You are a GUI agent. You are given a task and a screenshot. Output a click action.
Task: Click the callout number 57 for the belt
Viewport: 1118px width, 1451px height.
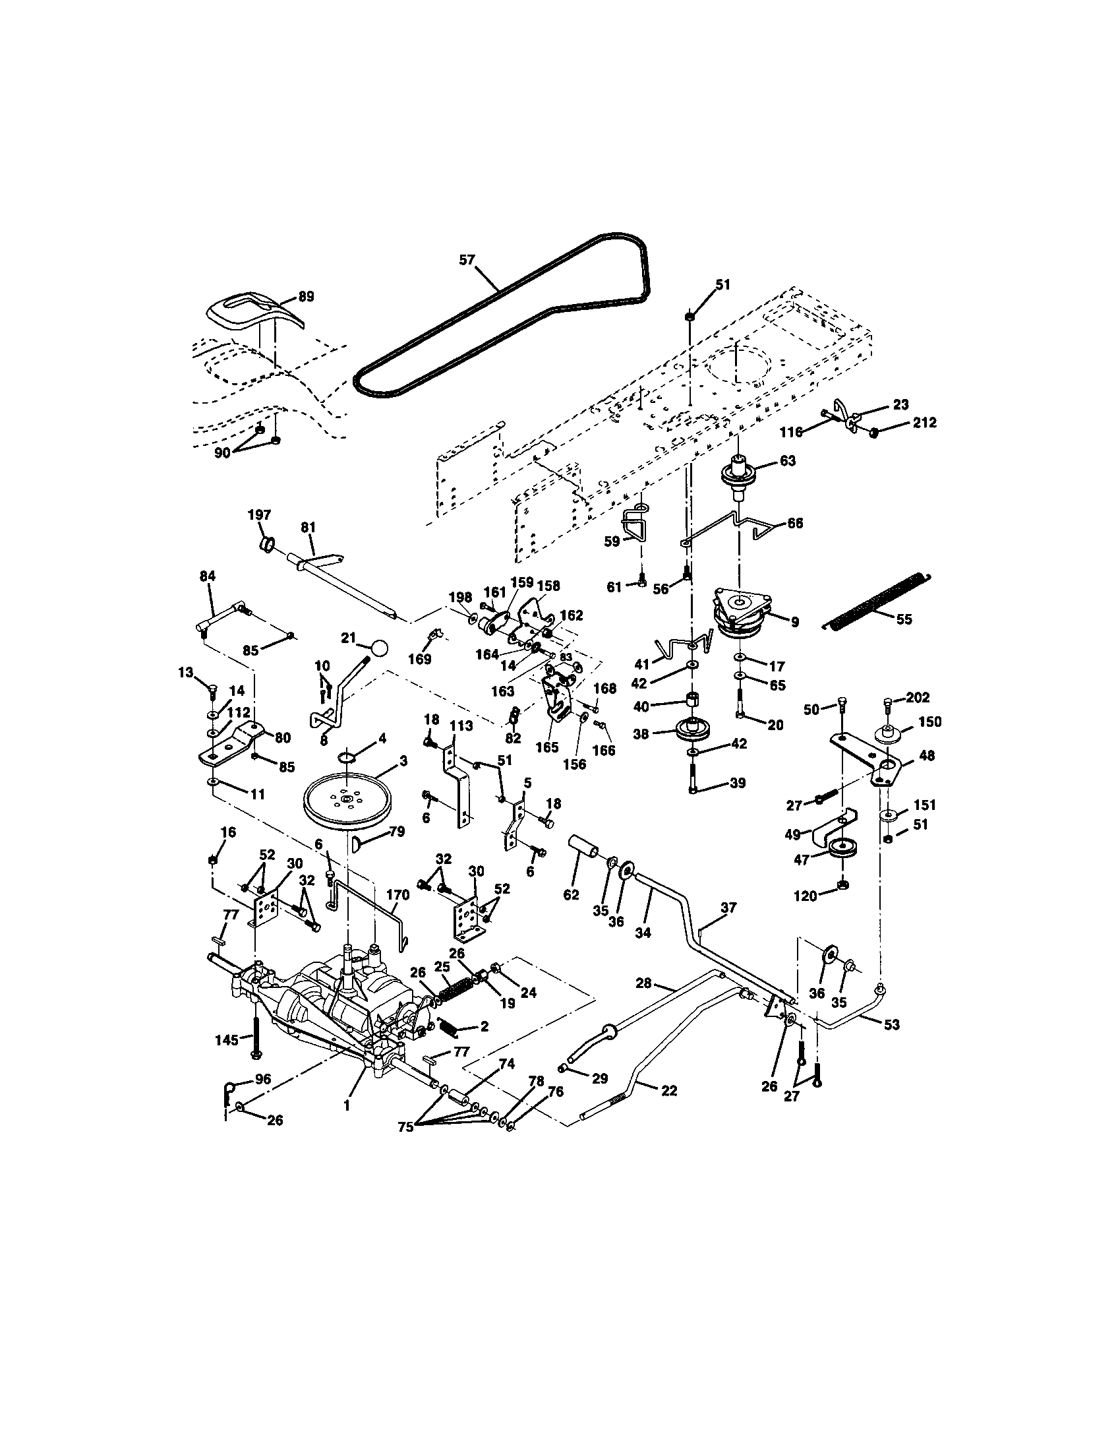(467, 260)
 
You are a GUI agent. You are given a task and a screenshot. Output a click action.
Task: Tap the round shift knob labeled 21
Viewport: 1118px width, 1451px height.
(380, 648)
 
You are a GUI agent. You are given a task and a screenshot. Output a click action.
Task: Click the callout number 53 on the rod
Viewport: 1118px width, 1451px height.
(892, 1024)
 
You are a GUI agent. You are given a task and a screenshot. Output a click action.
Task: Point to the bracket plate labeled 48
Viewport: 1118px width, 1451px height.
(875, 762)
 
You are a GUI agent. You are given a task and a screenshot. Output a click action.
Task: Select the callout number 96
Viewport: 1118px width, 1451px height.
(263, 1080)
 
